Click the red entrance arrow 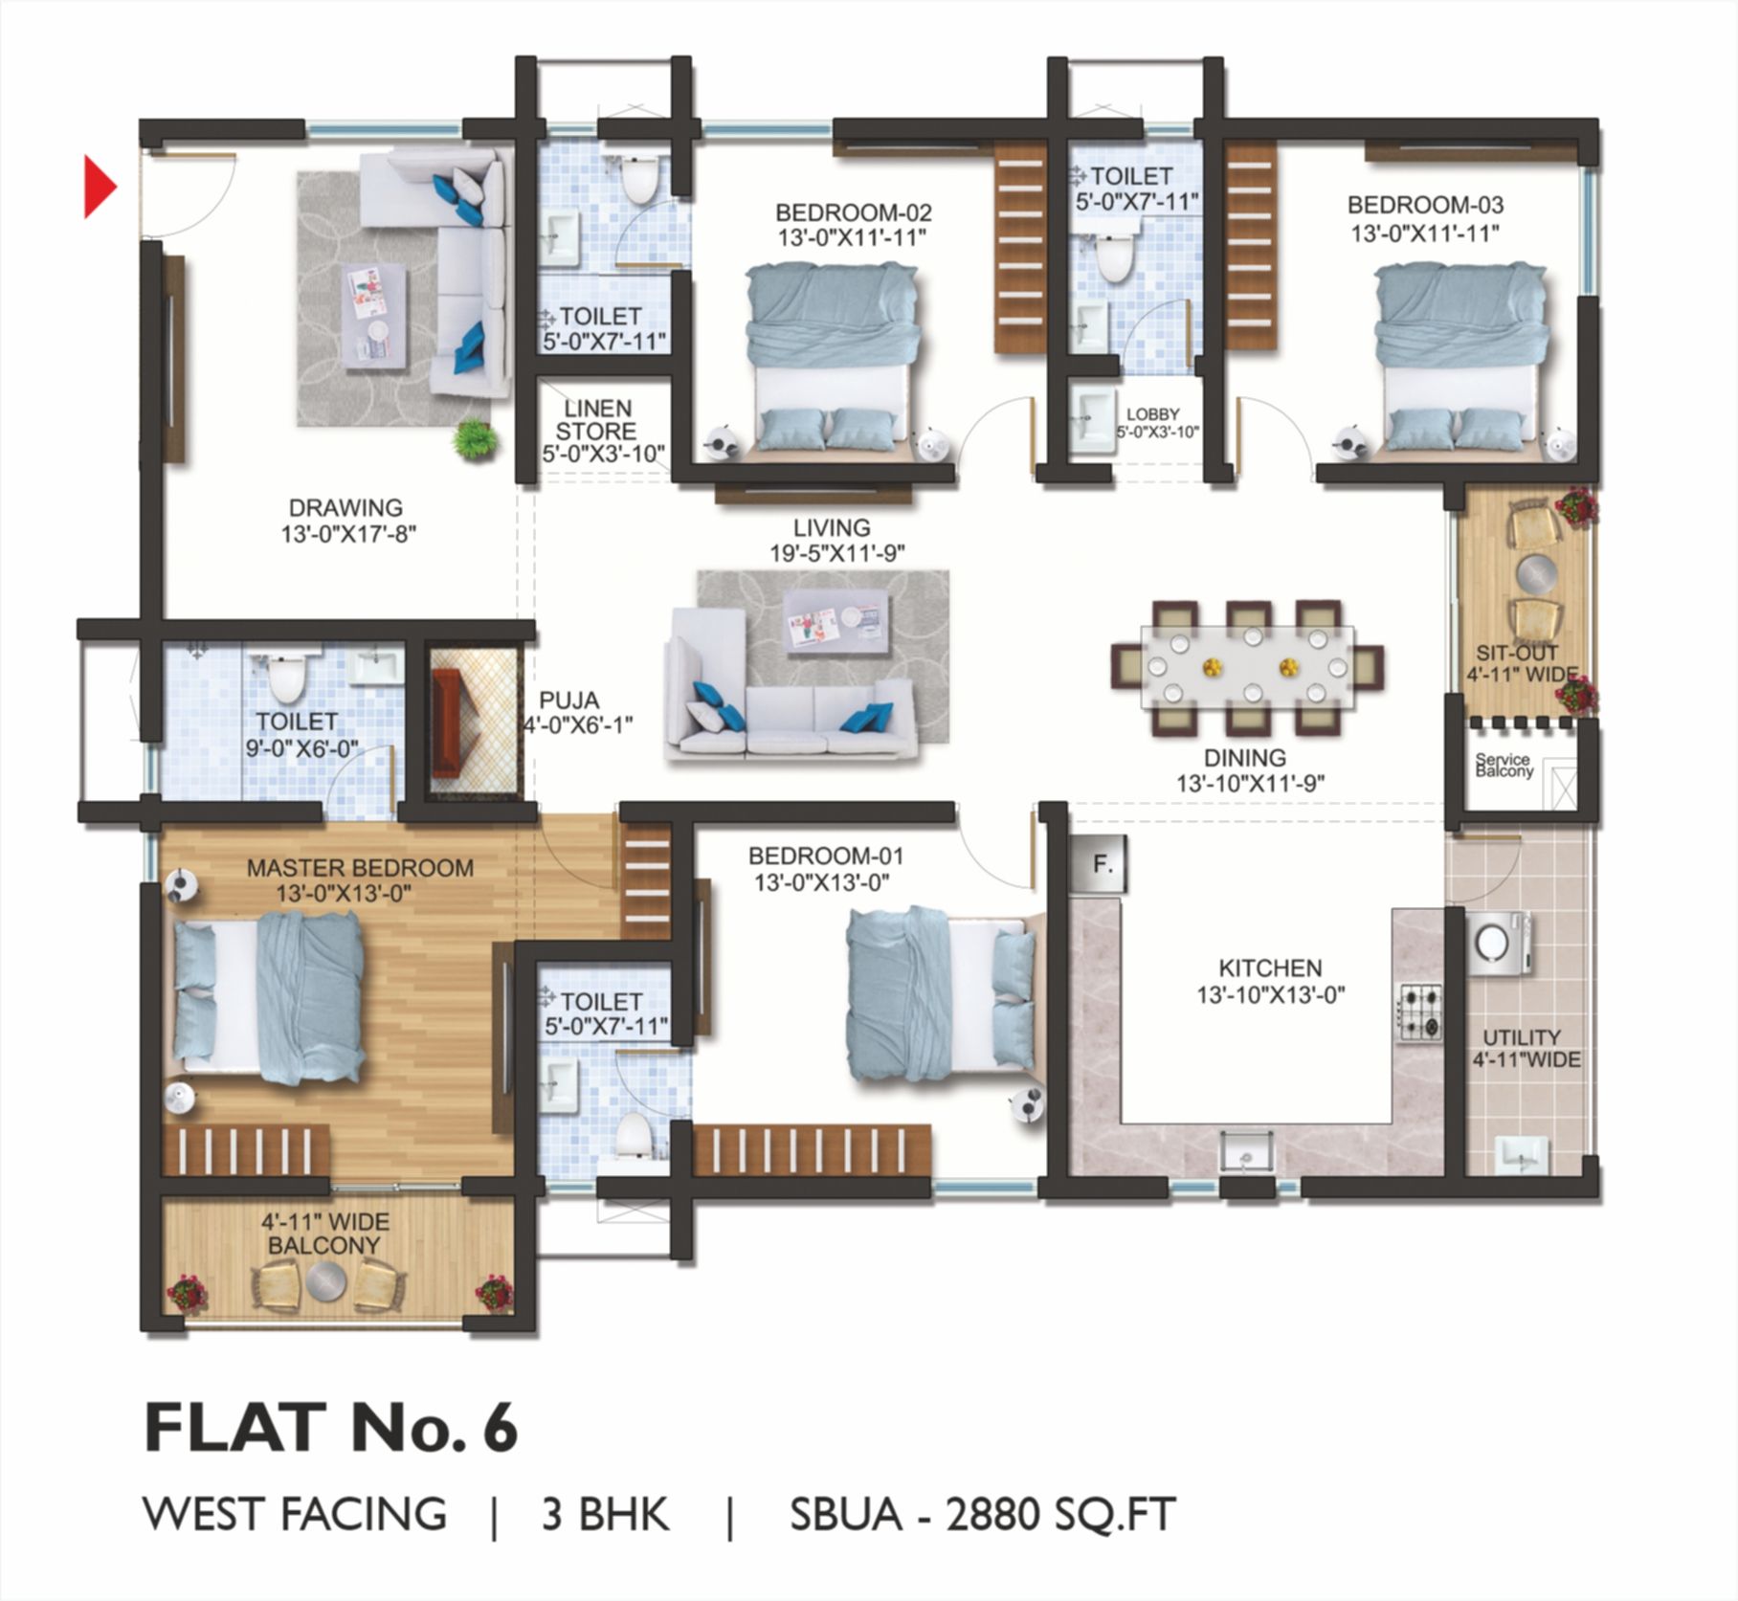tap(100, 187)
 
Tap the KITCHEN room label tap(1270, 967)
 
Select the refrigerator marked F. tap(1103, 864)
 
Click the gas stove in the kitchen tap(1419, 1012)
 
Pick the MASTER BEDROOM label tap(360, 868)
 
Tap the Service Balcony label tap(1504, 765)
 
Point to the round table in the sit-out tap(1536, 573)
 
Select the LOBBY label tap(1152, 414)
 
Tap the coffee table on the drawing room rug tap(372, 313)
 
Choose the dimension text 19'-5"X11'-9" tap(837, 553)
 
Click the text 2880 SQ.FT tap(1060, 1515)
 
